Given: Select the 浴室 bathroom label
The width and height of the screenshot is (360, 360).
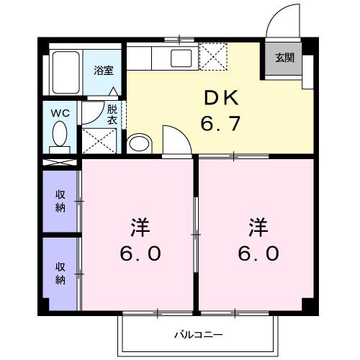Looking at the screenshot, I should click(x=104, y=71).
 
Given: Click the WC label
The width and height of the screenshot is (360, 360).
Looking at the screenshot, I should click(x=60, y=113).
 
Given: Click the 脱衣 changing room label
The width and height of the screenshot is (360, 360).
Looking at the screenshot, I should click(x=112, y=115).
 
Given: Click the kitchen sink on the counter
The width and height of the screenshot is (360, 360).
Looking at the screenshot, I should click(x=180, y=56).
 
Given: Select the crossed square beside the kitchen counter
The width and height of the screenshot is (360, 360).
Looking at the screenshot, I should click(x=212, y=56).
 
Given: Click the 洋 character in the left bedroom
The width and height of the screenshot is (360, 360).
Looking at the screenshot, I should click(x=139, y=228).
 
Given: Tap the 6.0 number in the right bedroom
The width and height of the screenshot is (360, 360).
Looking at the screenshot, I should click(x=257, y=254).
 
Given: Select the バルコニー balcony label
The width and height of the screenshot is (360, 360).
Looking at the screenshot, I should click(x=199, y=335).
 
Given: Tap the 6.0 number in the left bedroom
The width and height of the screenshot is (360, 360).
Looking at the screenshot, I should click(x=140, y=254).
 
